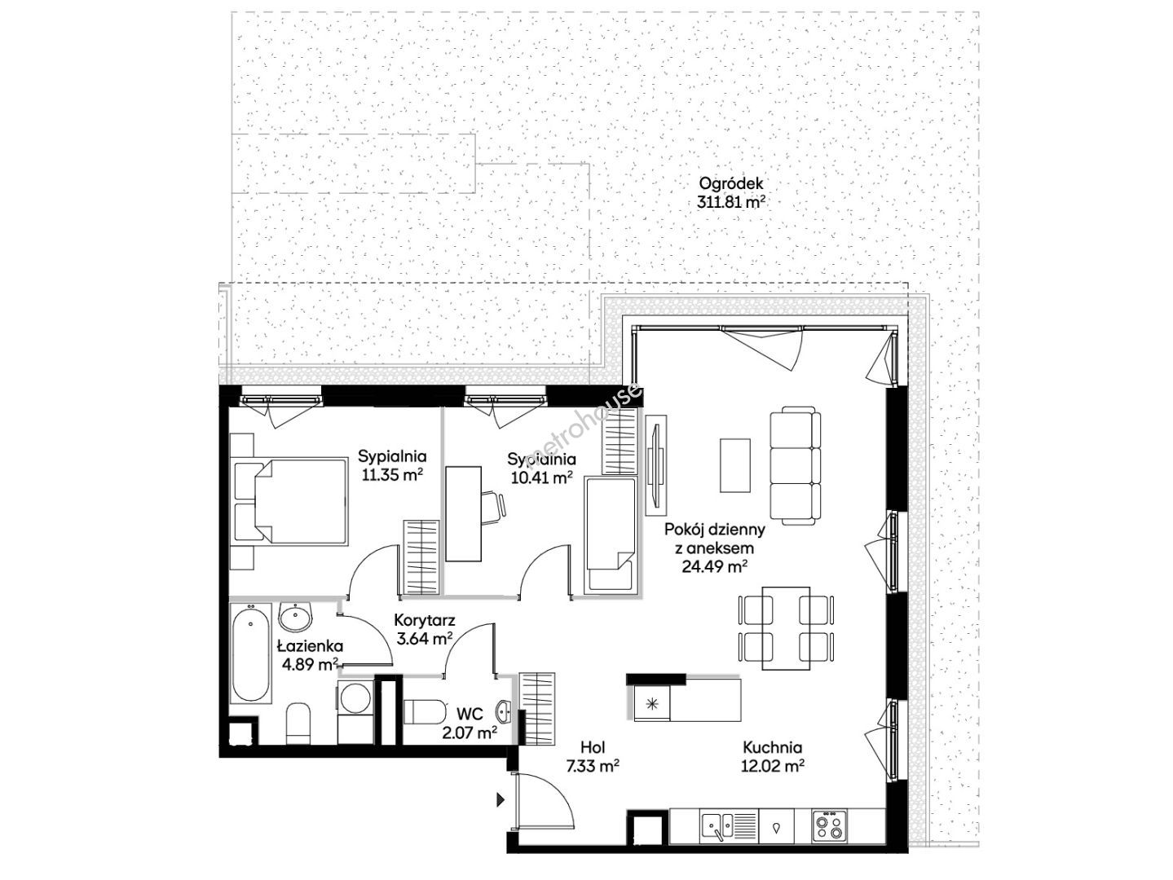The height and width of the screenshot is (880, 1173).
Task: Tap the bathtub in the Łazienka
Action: [251, 653]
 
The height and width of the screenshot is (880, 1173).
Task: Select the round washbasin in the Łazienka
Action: [294, 618]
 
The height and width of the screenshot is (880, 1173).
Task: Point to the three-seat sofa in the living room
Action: [795, 465]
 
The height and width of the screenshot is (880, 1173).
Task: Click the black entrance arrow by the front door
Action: [501, 799]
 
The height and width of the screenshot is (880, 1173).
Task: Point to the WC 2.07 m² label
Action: [470, 723]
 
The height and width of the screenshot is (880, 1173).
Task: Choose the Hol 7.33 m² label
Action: [593, 757]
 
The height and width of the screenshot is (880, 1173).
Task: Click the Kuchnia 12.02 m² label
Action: [773, 757]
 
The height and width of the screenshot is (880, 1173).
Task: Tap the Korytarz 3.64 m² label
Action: [425, 629]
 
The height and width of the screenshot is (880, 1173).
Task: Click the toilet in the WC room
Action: [426, 712]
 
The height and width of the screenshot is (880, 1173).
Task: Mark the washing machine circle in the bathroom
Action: [355, 698]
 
